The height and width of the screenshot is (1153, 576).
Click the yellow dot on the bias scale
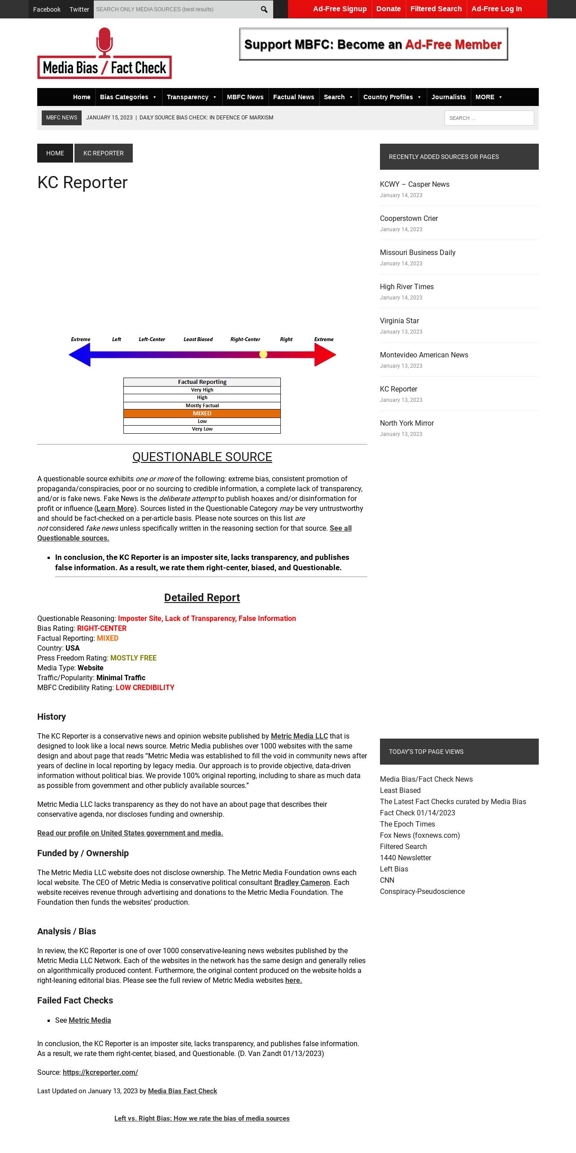tap(263, 354)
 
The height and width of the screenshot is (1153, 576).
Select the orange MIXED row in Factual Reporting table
tap(202, 414)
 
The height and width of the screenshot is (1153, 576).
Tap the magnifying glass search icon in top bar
tap(264, 9)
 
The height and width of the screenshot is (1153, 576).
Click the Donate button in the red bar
tap(388, 9)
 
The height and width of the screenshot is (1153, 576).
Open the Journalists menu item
tap(449, 97)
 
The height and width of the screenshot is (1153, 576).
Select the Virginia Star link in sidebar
tap(399, 321)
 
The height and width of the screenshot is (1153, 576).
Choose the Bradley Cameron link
tap(302, 882)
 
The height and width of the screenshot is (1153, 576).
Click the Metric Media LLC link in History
tap(299, 736)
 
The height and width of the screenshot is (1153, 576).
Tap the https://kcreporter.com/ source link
tap(100, 1072)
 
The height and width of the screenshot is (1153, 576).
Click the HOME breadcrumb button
tap(55, 153)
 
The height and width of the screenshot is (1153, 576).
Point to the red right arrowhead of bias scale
tap(326, 355)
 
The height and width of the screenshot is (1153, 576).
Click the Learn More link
tap(115, 508)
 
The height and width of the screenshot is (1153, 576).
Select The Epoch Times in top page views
tap(407, 824)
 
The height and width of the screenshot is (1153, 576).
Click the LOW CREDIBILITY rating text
tap(145, 687)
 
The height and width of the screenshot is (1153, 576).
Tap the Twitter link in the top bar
tap(79, 9)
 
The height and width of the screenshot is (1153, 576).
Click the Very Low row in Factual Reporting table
tap(202, 429)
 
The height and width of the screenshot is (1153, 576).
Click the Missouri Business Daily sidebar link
tap(418, 252)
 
